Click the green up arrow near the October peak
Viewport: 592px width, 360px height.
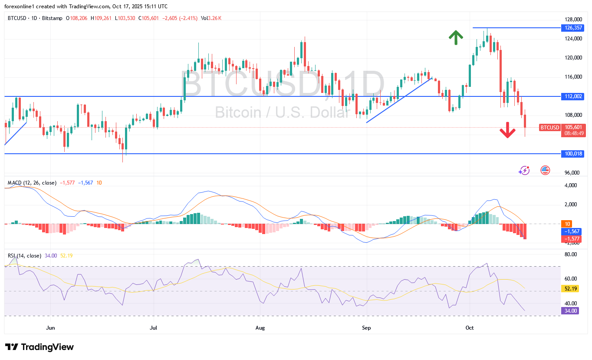tap(455, 38)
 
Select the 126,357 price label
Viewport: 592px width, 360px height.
tap(572, 28)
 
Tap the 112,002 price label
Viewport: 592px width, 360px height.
tap(572, 96)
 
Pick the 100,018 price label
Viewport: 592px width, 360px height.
tap(572, 154)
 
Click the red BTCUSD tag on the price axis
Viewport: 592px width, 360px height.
tap(549, 127)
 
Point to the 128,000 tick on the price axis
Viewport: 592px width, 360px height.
tap(572, 20)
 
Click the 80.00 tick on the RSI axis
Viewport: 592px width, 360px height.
tap(570, 254)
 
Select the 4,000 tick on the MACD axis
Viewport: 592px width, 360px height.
tap(570, 185)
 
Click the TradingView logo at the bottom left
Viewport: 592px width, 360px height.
tap(39, 347)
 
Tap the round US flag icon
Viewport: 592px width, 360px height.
tap(545, 170)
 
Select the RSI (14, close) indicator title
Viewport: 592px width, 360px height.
tap(25, 256)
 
